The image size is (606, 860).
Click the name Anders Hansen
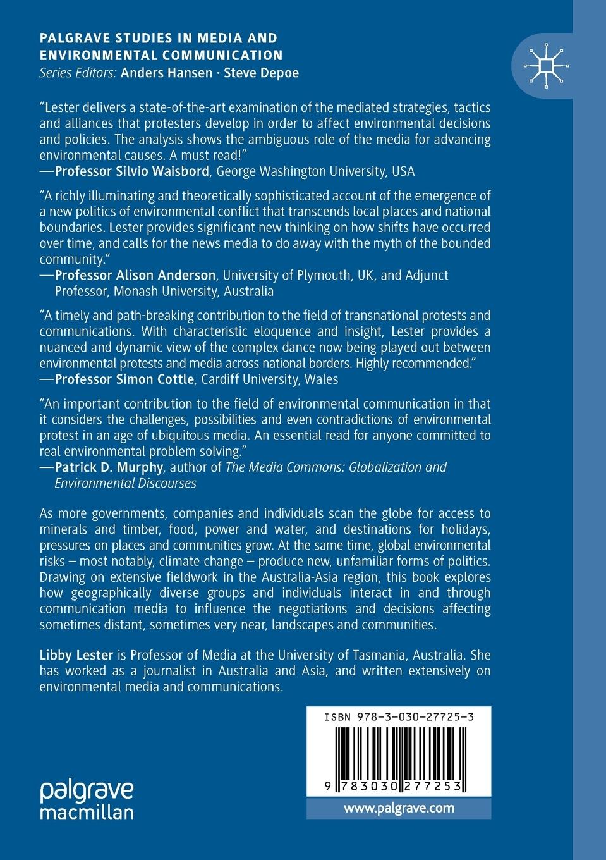166,72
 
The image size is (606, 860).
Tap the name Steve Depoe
260,72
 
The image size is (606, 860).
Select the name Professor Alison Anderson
135,275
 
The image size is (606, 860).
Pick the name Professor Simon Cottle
124,379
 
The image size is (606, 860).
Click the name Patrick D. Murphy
109,467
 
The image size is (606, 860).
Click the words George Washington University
301,171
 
